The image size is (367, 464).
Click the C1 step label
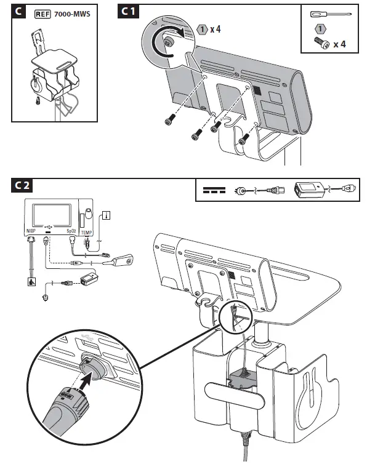coord(128,12)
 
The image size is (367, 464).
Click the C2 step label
coord(22,186)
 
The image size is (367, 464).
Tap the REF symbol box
coord(42,14)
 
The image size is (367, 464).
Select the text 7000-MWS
coord(72,14)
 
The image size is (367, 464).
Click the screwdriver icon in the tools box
coord(331,14)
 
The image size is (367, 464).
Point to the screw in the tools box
coord(321,43)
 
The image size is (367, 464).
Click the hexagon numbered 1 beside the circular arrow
coord(203,30)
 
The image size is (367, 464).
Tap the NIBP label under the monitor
coord(31,231)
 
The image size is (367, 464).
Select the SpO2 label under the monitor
coord(71,231)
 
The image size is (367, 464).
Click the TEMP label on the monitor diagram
coord(86,233)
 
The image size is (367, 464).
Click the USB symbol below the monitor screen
coord(48,227)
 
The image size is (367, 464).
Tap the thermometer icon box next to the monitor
coord(106,215)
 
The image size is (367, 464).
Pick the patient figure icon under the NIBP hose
coord(31,281)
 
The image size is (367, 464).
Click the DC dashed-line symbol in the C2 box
coord(214,190)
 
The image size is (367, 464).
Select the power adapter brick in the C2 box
coord(309,190)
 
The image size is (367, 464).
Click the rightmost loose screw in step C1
coord(243,139)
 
